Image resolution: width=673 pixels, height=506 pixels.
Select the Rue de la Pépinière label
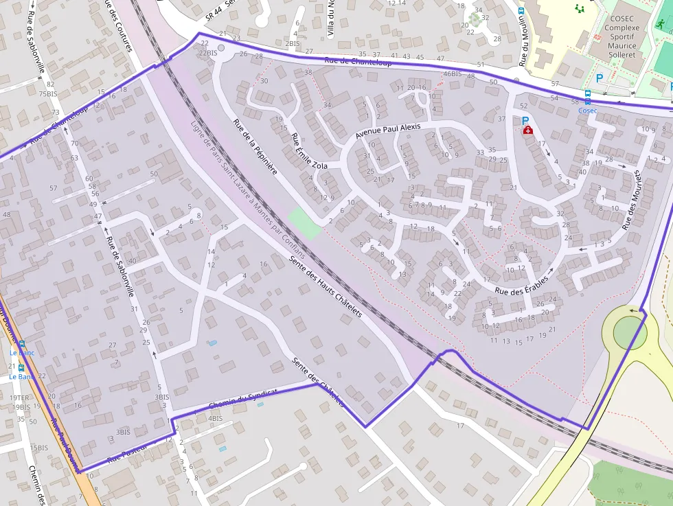255,146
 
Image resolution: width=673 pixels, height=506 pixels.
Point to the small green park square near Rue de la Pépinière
304,223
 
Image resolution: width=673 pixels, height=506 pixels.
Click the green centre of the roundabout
629,334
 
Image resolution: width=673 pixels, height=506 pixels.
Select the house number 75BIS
47,93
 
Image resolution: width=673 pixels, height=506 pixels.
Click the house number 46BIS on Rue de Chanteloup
452,74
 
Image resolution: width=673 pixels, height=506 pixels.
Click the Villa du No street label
331,19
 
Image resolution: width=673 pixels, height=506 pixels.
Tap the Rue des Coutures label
117,25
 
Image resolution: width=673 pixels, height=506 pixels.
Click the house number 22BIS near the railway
207,53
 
